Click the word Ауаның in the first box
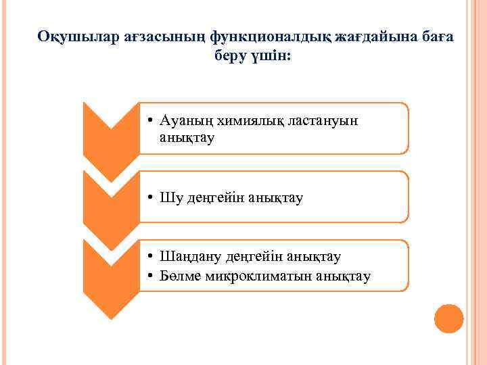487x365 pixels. click(185, 122)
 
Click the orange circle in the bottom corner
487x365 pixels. click(448, 318)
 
